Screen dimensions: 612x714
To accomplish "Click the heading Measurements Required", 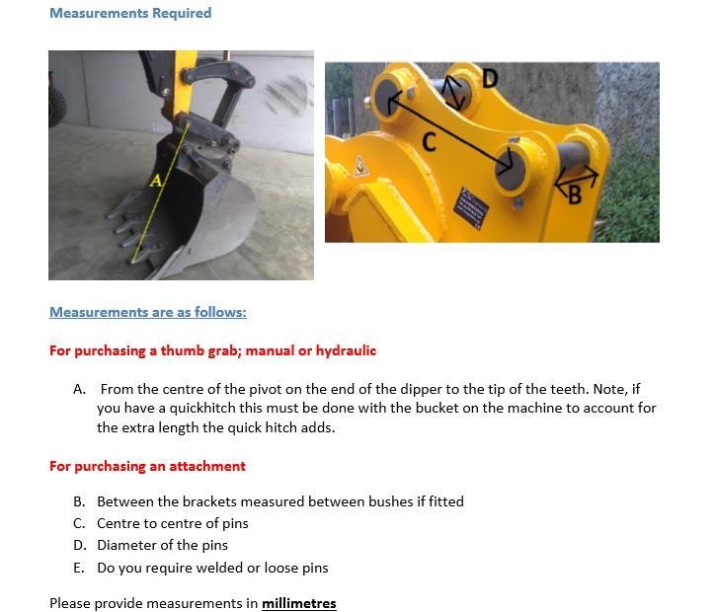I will (130, 13).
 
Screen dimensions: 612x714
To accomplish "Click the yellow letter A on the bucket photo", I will (155, 181).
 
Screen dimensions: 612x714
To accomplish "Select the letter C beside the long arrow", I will (430, 142).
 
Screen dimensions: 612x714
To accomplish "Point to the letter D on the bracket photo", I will (490, 78).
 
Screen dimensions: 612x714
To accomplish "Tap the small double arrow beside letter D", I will (454, 93).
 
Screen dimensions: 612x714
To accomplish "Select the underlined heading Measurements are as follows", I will (148, 312).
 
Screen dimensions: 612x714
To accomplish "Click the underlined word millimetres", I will (298, 603).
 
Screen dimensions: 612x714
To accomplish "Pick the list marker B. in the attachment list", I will (79, 501).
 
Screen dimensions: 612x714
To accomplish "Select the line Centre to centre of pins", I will (172, 523).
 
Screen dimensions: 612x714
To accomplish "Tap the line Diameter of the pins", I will (162, 545).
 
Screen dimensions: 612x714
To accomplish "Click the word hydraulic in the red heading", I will (346, 350).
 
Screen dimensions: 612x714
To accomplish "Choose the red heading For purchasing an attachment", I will (147, 466).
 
